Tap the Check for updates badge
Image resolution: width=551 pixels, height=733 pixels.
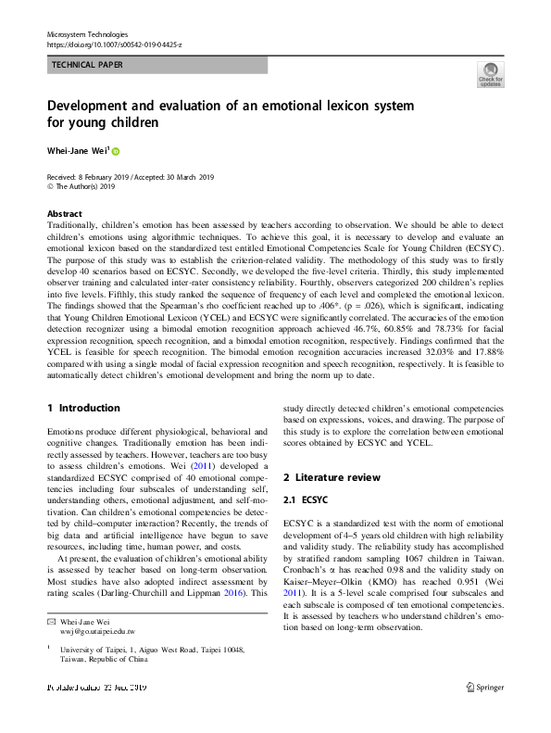tap(490, 75)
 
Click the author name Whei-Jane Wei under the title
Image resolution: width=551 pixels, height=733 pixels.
tap(77, 151)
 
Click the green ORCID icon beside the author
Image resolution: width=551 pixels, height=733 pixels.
tap(117, 151)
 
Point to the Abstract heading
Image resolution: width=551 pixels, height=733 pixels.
tap(64, 212)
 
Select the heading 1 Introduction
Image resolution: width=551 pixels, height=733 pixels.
tap(83, 408)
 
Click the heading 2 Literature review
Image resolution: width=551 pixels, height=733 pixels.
tap(332, 476)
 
